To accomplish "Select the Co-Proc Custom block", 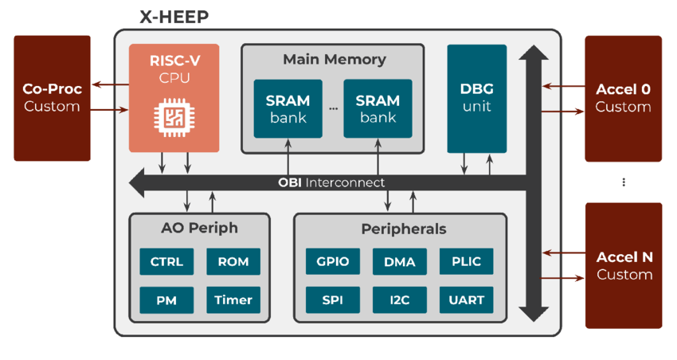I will click(52, 98).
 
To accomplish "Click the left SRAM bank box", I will click(288, 108).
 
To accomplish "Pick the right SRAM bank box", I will click(378, 108).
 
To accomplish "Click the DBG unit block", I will click(476, 98).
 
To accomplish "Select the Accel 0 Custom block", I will click(624, 98).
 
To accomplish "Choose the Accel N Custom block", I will click(624, 265).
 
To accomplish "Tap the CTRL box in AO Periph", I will click(166, 261).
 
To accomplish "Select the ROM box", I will click(233, 261).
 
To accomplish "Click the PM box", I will click(166, 299).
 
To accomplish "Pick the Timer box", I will click(233, 299).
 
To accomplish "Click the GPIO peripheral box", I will click(333, 261).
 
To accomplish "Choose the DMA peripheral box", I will click(399, 261).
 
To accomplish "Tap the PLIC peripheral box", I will click(466, 261).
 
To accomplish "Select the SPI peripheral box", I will click(333, 299).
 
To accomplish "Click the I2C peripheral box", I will click(399, 299).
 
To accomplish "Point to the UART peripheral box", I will click(466, 299).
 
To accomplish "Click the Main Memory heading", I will click(334, 60).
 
